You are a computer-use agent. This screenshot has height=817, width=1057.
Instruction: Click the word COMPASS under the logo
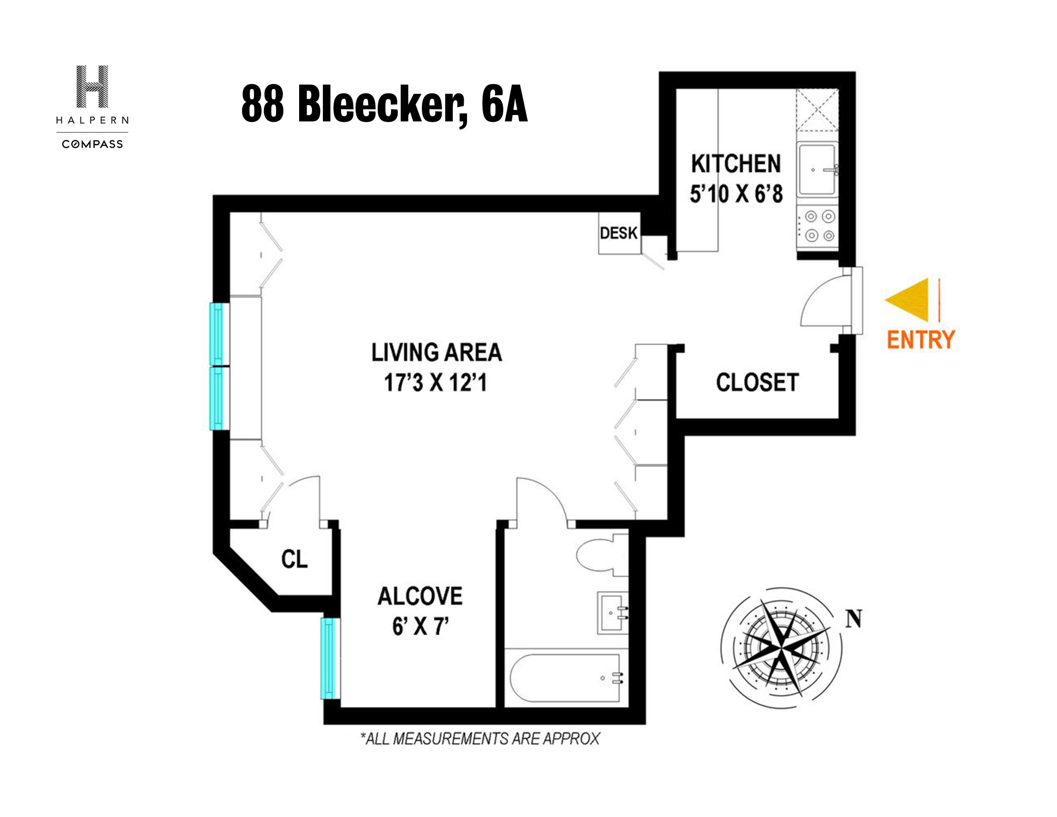[x=92, y=144]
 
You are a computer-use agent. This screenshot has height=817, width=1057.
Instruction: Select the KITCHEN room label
[x=736, y=164]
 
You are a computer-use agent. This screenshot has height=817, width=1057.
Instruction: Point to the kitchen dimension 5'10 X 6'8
[x=736, y=194]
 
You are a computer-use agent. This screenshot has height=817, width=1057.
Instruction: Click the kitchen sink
[x=817, y=169]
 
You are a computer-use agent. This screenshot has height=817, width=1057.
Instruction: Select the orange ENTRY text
[x=920, y=340]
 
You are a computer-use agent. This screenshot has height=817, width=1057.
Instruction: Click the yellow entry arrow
[x=910, y=300]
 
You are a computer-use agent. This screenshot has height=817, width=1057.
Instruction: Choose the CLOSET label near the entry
[x=757, y=382]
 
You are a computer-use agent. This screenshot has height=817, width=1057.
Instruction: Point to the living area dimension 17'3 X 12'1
[x=435, y=383]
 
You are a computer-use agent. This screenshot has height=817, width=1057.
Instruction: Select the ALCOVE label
[x=420, y=596]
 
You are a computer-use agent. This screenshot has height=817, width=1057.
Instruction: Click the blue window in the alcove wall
[x=329, y=658]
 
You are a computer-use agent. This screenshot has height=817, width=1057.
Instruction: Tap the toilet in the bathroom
[x=600, y=555]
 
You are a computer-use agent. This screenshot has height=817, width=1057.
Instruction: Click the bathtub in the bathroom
[x=565, y=678]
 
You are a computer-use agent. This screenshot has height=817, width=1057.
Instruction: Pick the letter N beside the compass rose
[x=854, y=618]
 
